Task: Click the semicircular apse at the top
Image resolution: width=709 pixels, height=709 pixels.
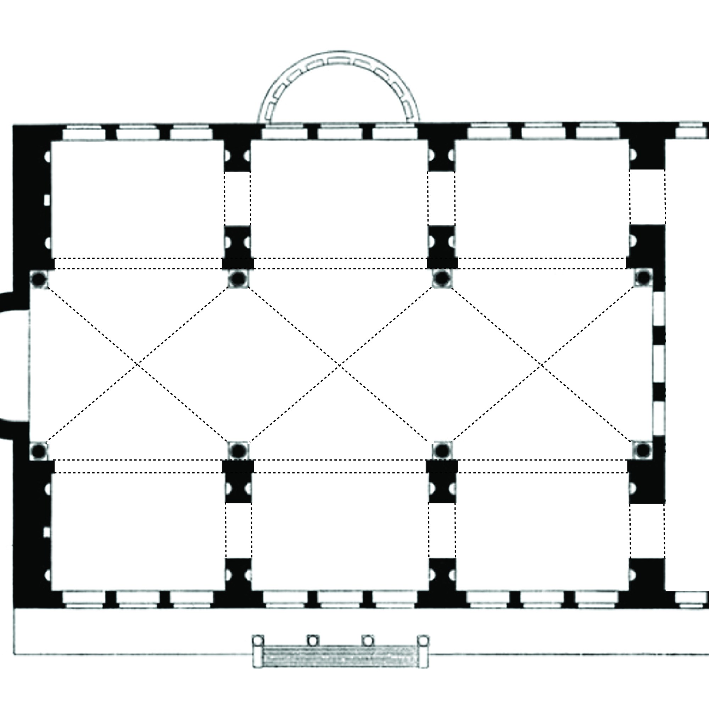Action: [x=338, y=88]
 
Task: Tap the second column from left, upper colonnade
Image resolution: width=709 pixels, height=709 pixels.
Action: [x=238, y=279]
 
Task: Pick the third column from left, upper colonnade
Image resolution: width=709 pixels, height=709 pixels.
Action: [x=442, y=279]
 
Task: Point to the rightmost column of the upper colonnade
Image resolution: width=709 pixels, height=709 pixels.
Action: [x=643, y=278]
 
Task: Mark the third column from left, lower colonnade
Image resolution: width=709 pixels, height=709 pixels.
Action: [x=442, y=450]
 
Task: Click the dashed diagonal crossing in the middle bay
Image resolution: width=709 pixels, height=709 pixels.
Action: [x=339, y=365]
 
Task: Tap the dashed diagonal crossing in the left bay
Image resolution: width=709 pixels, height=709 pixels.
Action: [x=137, y=364]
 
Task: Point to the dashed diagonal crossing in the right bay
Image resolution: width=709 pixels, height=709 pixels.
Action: [x=542, y=365]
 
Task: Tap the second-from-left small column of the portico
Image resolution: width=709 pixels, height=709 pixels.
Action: [x=313, y=641]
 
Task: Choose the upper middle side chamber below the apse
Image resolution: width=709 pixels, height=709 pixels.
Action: [x=339, y=198]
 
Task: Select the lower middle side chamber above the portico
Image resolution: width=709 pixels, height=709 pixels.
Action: [x=340, y=532]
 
